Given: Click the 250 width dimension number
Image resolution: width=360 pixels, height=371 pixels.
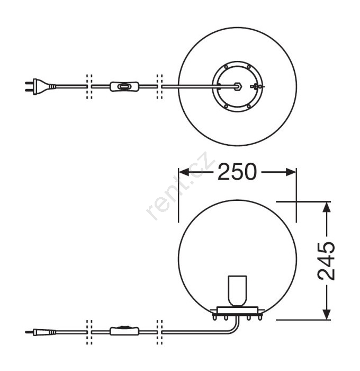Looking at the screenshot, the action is (237, 172).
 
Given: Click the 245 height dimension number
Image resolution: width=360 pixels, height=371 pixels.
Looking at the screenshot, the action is (326, 261).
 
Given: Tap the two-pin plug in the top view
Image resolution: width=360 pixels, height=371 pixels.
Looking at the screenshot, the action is (40, 86).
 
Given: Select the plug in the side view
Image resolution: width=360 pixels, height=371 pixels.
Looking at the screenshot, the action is (41, 332).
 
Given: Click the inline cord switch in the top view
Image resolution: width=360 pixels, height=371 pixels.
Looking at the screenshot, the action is (124, 86).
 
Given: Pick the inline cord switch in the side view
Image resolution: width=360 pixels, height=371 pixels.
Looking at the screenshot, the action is (124, 331).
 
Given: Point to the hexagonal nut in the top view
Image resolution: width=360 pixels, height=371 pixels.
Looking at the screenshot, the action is (237, 86).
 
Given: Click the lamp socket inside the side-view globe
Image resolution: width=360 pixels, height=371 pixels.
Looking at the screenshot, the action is (237, 291).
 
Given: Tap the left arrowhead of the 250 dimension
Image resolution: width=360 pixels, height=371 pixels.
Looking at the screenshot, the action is (184, 172).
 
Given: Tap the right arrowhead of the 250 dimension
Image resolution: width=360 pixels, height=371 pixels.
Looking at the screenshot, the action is (291, 172).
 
